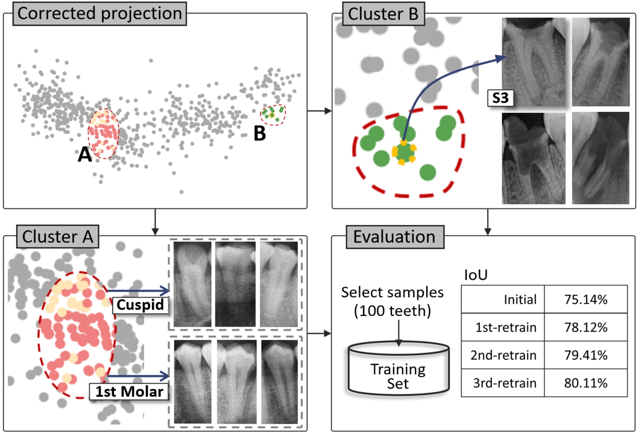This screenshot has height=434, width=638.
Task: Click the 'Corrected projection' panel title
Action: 100,14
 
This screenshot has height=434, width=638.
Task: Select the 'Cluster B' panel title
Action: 383,14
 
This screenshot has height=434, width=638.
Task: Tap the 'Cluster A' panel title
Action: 58,237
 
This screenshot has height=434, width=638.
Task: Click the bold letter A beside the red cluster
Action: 85,154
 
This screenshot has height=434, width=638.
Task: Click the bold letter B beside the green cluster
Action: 260,133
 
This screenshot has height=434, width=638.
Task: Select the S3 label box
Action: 500,98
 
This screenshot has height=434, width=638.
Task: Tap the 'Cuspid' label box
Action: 140,305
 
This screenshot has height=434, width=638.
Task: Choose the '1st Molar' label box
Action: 129,392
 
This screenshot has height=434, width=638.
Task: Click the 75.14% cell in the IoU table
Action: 586,299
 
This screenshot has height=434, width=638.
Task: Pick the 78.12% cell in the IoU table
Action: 586,327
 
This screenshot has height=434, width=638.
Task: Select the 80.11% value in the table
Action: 586,383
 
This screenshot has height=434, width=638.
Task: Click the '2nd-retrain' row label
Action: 503,355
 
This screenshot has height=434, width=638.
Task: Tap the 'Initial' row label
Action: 520,299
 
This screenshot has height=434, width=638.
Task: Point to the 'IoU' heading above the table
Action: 476,275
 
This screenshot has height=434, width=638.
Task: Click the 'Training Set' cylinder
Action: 398,369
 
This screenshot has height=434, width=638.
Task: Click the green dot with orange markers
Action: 404,152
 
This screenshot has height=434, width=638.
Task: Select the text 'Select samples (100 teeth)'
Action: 392,301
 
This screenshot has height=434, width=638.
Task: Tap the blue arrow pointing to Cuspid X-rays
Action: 138,291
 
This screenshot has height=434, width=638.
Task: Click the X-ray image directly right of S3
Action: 534,62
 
